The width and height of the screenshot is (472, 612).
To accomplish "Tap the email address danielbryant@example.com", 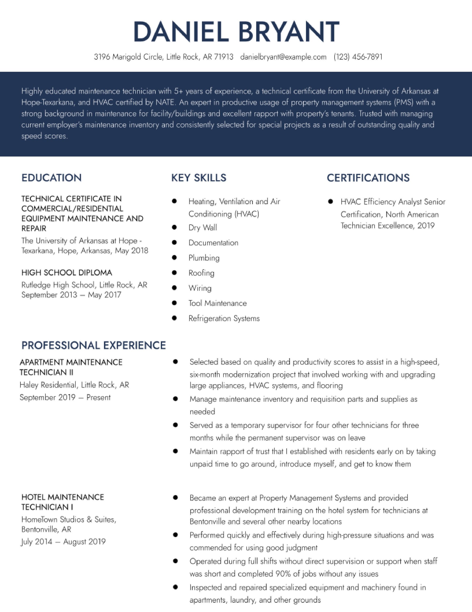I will (x=283, y=57).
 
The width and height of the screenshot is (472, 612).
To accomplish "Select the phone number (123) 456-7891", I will (x=358, y=57).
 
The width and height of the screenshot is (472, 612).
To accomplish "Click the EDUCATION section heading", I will (x=52, y=178).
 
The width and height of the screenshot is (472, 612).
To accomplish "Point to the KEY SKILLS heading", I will (x=199, y=178).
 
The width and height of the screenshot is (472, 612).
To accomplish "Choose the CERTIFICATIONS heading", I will (x=368, y=178).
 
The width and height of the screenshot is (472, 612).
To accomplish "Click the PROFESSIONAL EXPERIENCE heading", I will (x=94, y=345).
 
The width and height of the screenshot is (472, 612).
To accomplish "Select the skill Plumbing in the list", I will (x=204, y=258).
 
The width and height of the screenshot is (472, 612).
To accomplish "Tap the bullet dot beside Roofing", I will (x=174, y=272).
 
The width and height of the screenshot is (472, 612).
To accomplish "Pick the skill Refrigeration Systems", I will (x=224, y=318).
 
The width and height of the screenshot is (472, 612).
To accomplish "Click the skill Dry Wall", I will (x=203, y=228).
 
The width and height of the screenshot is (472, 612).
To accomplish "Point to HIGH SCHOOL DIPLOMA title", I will (x=67, y=273).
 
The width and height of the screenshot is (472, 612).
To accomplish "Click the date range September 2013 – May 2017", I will (x=71, y=295).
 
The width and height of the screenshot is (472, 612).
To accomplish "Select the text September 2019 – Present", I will (x=65, y=397).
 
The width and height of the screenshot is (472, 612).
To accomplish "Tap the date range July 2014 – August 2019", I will (x=63, y=541).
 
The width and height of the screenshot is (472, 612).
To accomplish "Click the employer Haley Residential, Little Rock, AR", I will (x=74, y=385).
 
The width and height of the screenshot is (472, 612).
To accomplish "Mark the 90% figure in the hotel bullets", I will (x=283, y=574).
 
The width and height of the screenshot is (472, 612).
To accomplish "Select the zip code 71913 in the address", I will (x=224, y=57).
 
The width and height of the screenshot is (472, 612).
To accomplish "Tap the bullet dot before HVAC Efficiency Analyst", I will (x=330, y=202).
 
